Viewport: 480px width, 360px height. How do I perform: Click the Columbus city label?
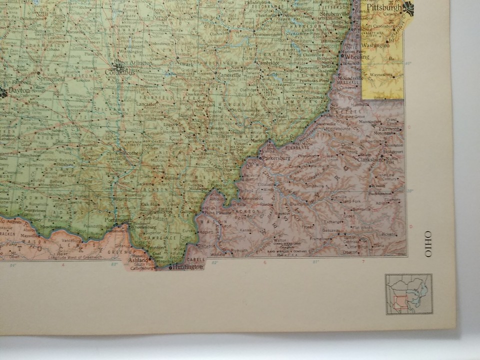(x=120, y=72)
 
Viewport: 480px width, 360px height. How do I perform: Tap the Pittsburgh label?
(x=384, y=8)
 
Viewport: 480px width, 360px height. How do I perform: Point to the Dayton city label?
(x=18, y=90)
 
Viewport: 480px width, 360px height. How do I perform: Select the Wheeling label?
(x=357, y=57)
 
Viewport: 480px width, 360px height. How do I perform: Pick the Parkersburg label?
(x=276, y=158)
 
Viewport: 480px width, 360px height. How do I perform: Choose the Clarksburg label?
(x=370, y=159)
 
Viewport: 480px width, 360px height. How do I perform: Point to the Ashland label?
(x=137, y=260)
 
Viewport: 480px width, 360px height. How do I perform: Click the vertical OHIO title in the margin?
(x=428, y=244)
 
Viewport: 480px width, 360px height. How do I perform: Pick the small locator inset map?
(x=408, y=294)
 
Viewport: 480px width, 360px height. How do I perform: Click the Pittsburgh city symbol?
(x=408, y=7)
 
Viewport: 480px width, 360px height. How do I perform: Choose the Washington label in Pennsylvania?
(x=375, y=45)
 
